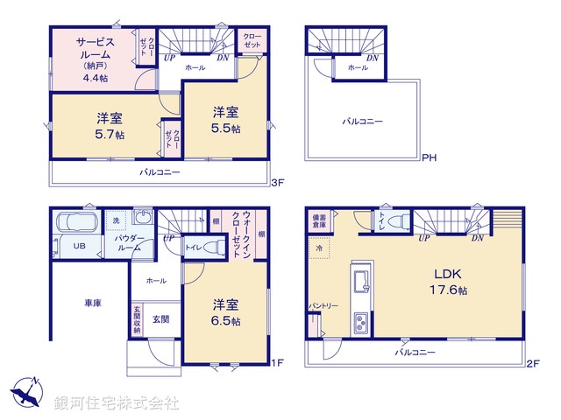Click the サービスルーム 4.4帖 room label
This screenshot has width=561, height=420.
click(91, 58)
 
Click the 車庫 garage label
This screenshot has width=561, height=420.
click(93, 303)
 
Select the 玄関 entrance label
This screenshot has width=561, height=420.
click(160, 319)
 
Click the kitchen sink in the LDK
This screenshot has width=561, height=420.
click(359, 282)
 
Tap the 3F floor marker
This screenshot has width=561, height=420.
click(277, 182)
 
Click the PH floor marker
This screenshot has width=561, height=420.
click(429, 158)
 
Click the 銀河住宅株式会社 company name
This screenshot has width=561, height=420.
click(116, 402)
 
